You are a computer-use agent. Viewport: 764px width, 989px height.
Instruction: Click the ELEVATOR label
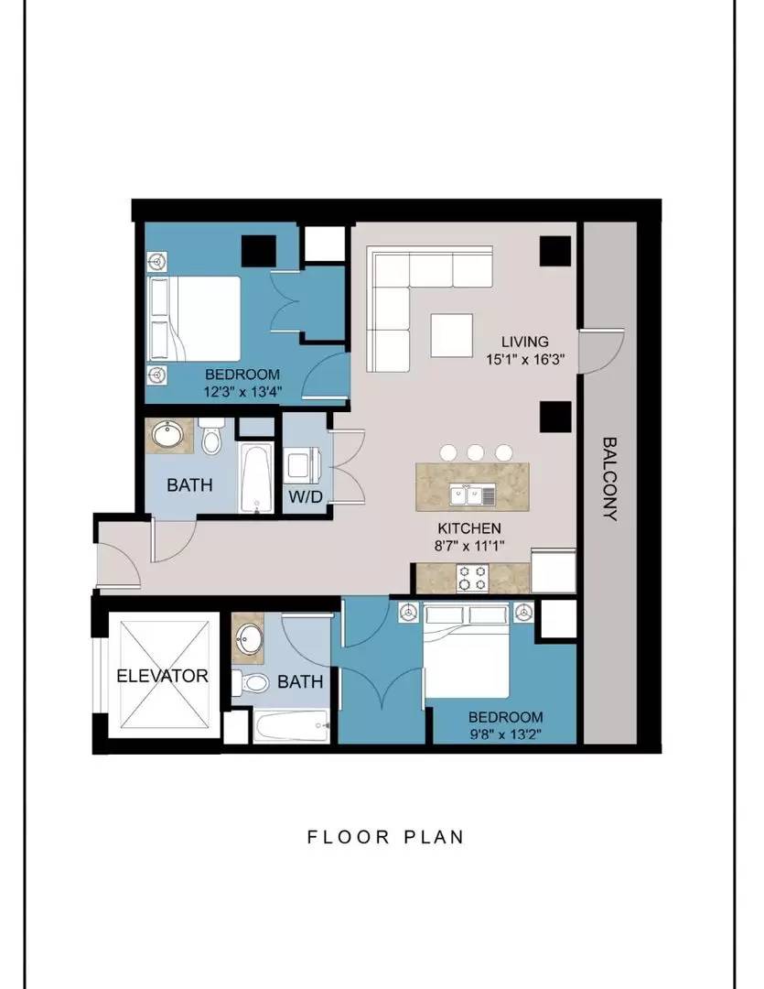[x=162, y=676]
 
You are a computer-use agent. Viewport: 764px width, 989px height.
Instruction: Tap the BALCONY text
[x=609, y=479]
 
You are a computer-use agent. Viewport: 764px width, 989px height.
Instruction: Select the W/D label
[x=306, y=496]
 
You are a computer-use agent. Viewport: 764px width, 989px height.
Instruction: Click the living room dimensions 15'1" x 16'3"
[x=524, y=360]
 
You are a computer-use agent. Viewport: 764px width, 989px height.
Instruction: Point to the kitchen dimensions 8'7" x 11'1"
[x=469, y=546]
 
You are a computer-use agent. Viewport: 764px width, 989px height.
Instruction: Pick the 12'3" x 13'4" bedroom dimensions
[x=242, y=391]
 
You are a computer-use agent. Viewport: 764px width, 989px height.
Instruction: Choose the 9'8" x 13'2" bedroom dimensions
[x=506, y=734]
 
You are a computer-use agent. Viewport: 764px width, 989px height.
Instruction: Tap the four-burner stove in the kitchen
[x=473, y=578]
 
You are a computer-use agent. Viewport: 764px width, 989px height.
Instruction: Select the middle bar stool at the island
[x=475, y=452]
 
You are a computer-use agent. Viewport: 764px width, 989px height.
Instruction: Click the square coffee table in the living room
[x=452, y=335]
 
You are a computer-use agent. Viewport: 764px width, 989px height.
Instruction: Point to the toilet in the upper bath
[x=211, y=437]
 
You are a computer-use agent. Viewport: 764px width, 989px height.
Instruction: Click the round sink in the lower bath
[x=251, y=636]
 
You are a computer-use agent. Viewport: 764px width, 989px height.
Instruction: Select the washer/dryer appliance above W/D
[x=305, y=465]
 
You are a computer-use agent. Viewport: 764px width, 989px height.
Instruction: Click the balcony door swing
[x=602, y=352]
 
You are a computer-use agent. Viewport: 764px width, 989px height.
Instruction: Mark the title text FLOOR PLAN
[x=386, y=837]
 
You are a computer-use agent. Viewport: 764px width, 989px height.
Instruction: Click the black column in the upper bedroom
[x=259, y=251]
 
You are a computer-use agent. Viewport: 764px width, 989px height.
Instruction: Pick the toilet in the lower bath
[x=251, y=682]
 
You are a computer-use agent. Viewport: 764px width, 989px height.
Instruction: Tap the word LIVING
[x=525, y=342]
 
